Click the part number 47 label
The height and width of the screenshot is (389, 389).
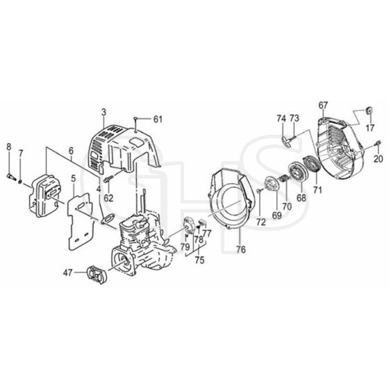67,273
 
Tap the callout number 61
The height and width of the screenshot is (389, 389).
158,119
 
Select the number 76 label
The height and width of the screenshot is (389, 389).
241,249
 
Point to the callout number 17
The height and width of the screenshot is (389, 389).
370,129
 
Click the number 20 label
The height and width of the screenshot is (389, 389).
379,158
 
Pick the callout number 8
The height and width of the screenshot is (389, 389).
8,147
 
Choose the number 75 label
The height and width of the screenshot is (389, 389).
199,260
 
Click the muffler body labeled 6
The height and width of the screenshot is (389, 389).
44,196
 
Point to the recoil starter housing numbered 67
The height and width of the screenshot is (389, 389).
340,147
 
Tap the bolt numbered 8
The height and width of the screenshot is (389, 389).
11,176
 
